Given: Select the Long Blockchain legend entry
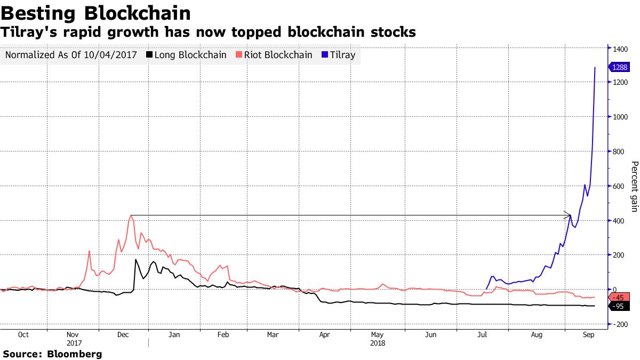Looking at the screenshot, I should (186, 55).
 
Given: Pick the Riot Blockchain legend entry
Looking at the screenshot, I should (274, 55).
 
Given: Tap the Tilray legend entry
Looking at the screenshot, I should (338, 55).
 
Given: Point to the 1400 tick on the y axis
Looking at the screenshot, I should (620, 49).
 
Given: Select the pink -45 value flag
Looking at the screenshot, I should (619, 297).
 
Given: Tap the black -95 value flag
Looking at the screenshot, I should (619, 306).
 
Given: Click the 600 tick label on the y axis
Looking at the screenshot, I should (619, 186).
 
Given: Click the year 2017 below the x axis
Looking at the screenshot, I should (75, 343).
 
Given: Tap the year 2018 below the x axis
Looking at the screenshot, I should (378, 343).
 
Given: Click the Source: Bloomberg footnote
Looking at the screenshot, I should (52, 354).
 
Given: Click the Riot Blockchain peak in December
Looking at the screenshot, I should (131, 216).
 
